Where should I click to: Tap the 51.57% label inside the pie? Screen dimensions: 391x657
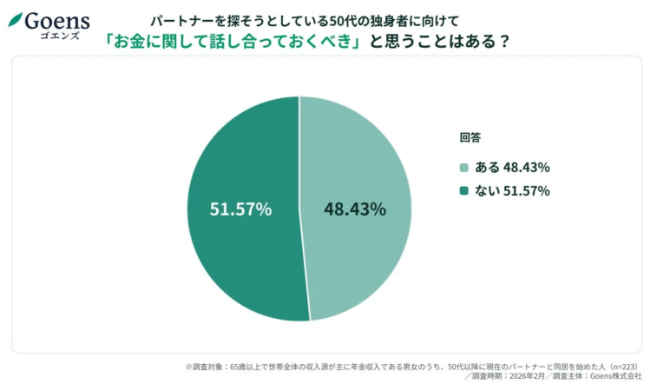(240, 209)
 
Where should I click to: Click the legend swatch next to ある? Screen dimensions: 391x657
(464, 168)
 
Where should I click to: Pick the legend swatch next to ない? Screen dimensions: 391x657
(464, 191)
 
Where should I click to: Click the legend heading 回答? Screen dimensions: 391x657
(470, 137)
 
